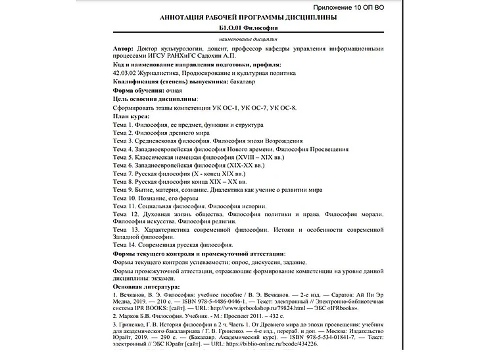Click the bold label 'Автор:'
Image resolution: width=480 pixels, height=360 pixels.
pyautogui.click(x=122, y=49)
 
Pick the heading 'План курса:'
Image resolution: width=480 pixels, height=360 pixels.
pyautogui.click(x=132, y=116)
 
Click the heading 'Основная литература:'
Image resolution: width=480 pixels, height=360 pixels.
pyautogui.click(x=146, y=287)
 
